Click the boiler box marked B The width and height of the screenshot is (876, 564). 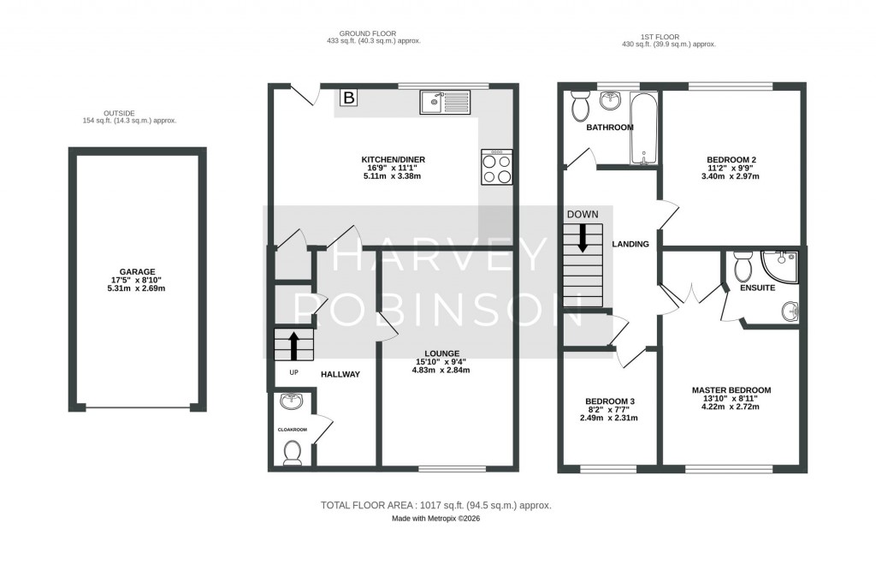(x=348, y=98)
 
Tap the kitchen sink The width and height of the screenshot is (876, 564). (x=445, y=102)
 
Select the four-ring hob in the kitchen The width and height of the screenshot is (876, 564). (x=498, y=167)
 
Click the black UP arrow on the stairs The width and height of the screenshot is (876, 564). (x=293, y=346)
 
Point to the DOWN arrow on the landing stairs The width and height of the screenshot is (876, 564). (x=583, y=237)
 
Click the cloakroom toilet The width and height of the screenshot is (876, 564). (x=293, y=452)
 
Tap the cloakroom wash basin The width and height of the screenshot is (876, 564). (x=291, y=401)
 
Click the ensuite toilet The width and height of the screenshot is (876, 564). (x=742, y=266)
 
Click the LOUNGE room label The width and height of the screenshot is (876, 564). (x=442, y=353)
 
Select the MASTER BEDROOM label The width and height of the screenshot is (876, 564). (x=731, y=390)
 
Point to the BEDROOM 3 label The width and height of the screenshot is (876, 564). (x=608, y=401)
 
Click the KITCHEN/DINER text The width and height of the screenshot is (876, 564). (x=393, y=159)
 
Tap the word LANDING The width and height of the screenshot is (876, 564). (x=630, y=245)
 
